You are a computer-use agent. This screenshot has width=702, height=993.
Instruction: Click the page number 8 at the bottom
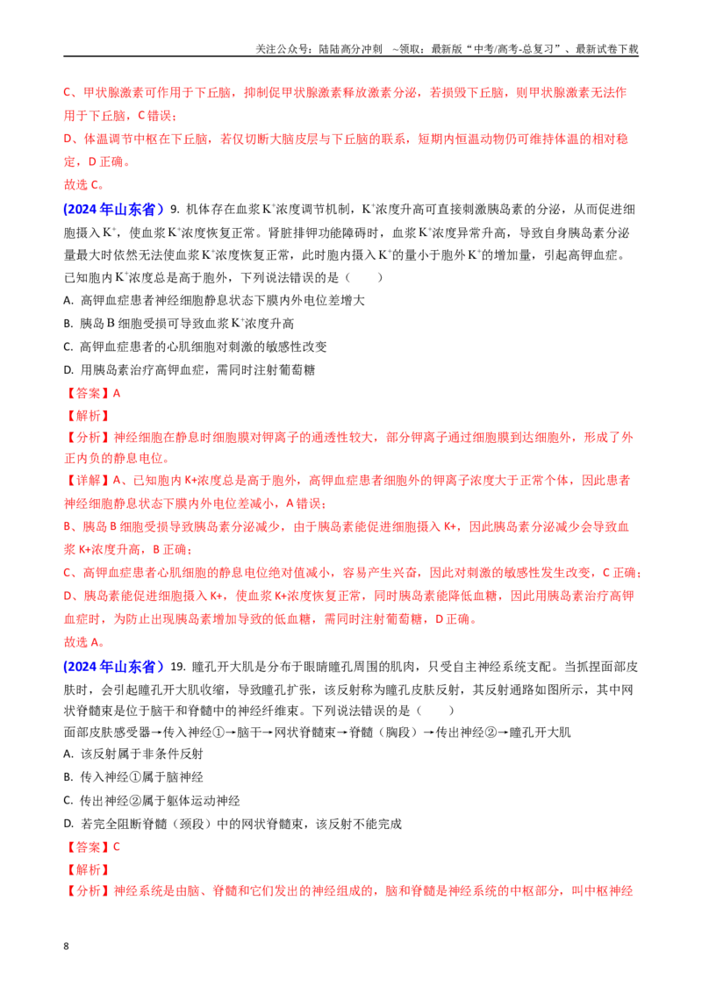click(x=66, y=946)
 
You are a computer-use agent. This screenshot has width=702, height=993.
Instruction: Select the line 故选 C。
click(x=83, y=184)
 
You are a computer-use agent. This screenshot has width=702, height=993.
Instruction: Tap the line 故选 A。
click(x=83, y=641)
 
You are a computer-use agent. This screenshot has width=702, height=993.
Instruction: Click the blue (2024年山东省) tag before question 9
click(x=113, y=209)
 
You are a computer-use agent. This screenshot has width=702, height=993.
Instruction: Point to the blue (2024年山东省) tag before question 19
click(x=113, y=666)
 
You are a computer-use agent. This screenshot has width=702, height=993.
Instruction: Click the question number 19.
click(x=178, y=666)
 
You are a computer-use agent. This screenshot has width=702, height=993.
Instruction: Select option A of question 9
click(x=214, y=300)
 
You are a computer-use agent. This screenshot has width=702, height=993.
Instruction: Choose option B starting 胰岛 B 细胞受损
click(x=179, y=323)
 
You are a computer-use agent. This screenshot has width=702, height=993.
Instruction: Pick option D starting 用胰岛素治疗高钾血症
click(x=190, y=369)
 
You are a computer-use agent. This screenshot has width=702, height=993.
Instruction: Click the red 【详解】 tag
click(x=88, y=480)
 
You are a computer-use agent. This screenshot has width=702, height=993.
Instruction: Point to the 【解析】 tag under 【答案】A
click(x=88, y=416)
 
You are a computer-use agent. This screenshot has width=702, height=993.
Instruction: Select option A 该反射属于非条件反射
click(x=133, y=754)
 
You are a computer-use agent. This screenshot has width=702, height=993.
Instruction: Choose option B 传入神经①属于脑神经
click(x=133, y=776)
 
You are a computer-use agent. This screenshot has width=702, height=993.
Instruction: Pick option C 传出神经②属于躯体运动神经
click(x=152, y=801)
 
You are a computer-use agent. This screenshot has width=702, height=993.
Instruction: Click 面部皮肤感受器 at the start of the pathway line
click(x=107, y=732)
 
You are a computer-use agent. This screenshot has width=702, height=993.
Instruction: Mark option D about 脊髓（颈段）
click(x=233, y=824)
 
